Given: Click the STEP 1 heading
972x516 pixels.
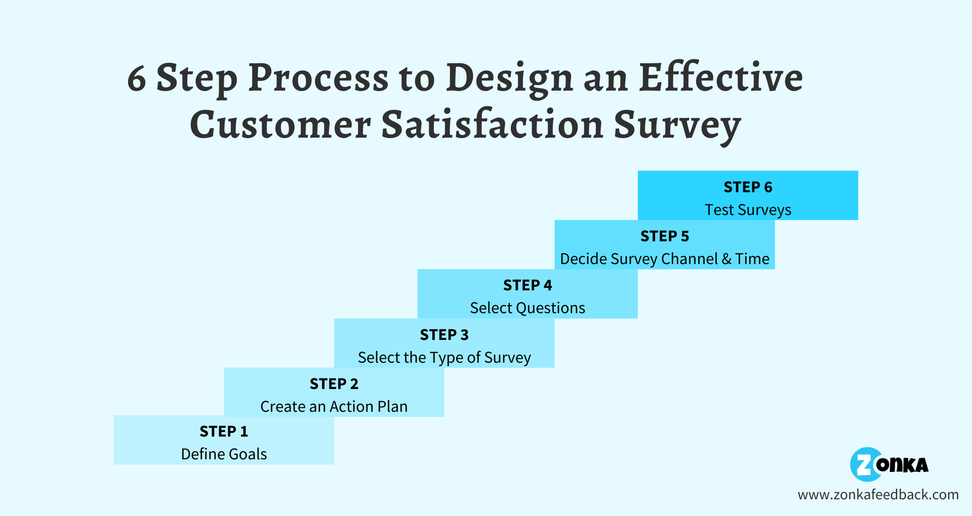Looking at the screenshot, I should point(224,432).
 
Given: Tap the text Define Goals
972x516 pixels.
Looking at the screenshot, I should point(224,454).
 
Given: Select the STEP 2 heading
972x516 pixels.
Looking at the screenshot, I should point(334,384).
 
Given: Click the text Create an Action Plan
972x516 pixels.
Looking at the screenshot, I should point(334,407).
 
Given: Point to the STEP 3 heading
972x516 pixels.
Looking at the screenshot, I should point(444,335).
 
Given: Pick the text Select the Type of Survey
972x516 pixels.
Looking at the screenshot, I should point(444,358).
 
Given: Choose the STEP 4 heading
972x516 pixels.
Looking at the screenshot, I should point(528,285).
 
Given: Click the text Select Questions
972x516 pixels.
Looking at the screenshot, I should point(528,308).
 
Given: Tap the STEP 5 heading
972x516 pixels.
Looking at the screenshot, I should point(665,236).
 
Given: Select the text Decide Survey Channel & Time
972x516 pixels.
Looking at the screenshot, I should point(665,259).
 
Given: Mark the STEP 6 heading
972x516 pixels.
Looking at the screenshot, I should point(748,187).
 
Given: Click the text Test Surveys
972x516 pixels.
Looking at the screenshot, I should point(748,210).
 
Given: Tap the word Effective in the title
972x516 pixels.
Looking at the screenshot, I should point(720,78).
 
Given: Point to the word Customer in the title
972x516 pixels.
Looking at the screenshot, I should point(280,125).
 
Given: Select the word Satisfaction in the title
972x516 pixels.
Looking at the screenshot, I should point(492,125).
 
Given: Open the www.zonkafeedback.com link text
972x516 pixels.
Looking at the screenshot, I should point(878,495).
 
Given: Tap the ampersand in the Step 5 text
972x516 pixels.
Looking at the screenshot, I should point(726,259).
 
